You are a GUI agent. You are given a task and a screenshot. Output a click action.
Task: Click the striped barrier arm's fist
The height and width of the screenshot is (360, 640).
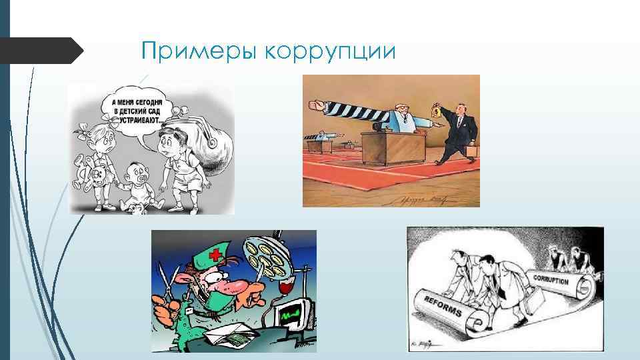tap(314, 105)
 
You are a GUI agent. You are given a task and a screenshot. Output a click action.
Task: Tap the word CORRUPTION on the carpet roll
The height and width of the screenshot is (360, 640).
tap(550, 279)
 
